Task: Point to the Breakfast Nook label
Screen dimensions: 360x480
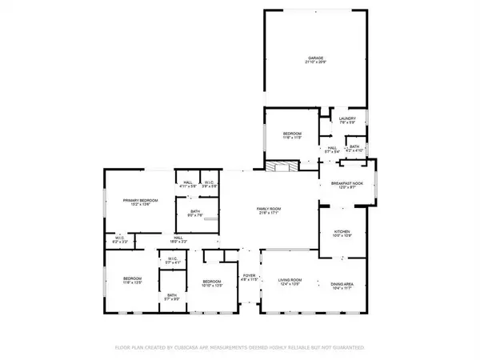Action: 347,185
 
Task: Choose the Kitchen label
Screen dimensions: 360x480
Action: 342,233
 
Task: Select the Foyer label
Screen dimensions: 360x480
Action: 248,278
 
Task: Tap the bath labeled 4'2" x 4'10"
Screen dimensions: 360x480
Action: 354,147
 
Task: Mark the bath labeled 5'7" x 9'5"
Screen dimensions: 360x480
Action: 171,297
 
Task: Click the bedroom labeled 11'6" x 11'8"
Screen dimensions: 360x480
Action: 293,135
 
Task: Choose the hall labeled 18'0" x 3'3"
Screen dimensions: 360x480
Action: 178,239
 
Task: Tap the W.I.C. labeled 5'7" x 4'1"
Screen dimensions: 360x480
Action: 172,260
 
